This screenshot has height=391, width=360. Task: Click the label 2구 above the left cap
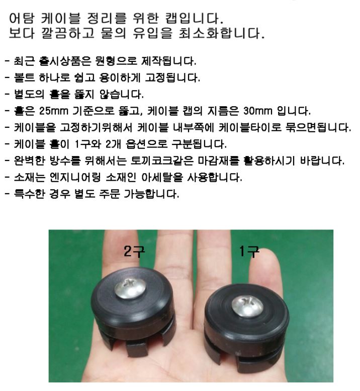coord(134,251)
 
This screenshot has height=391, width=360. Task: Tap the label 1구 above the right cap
coord(249,251)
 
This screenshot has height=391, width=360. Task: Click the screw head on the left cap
coord(130,288)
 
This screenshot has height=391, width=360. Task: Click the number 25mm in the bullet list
coord(54,111)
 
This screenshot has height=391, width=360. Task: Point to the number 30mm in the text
coord(257,111)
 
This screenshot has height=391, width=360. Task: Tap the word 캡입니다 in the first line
coord(194,18)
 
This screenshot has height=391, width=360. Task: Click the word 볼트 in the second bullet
coord(24,78)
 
